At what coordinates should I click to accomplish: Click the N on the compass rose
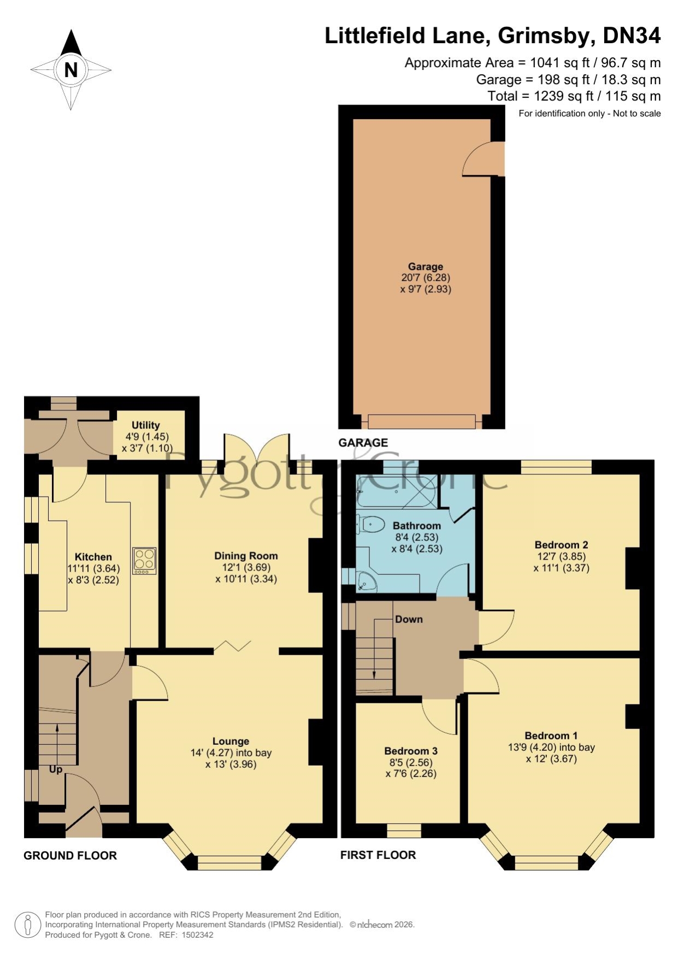click(x=71, y=70)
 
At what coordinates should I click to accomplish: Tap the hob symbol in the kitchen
click(x=144, y=561)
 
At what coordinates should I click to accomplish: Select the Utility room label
click(x=146, y=425)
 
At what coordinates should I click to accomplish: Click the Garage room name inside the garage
click(x=426, y=267)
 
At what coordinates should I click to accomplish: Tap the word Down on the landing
click(x=409, y=619)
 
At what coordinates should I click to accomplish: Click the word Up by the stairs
click(x=56, y=769)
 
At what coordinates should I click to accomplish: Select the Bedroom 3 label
click(x=411, y=751)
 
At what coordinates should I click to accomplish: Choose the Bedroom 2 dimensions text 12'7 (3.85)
click(x=562, y=556)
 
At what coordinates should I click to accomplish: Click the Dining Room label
click(x=246, y=556)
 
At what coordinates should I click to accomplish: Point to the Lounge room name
click(x=231, y=741)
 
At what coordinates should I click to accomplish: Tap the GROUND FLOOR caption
click(x=70, y=856)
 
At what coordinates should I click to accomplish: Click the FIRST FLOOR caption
click(x=378, y=855)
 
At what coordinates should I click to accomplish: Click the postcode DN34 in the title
click(x=632, y=36)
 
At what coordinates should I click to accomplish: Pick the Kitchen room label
click(x=93, y=557)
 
